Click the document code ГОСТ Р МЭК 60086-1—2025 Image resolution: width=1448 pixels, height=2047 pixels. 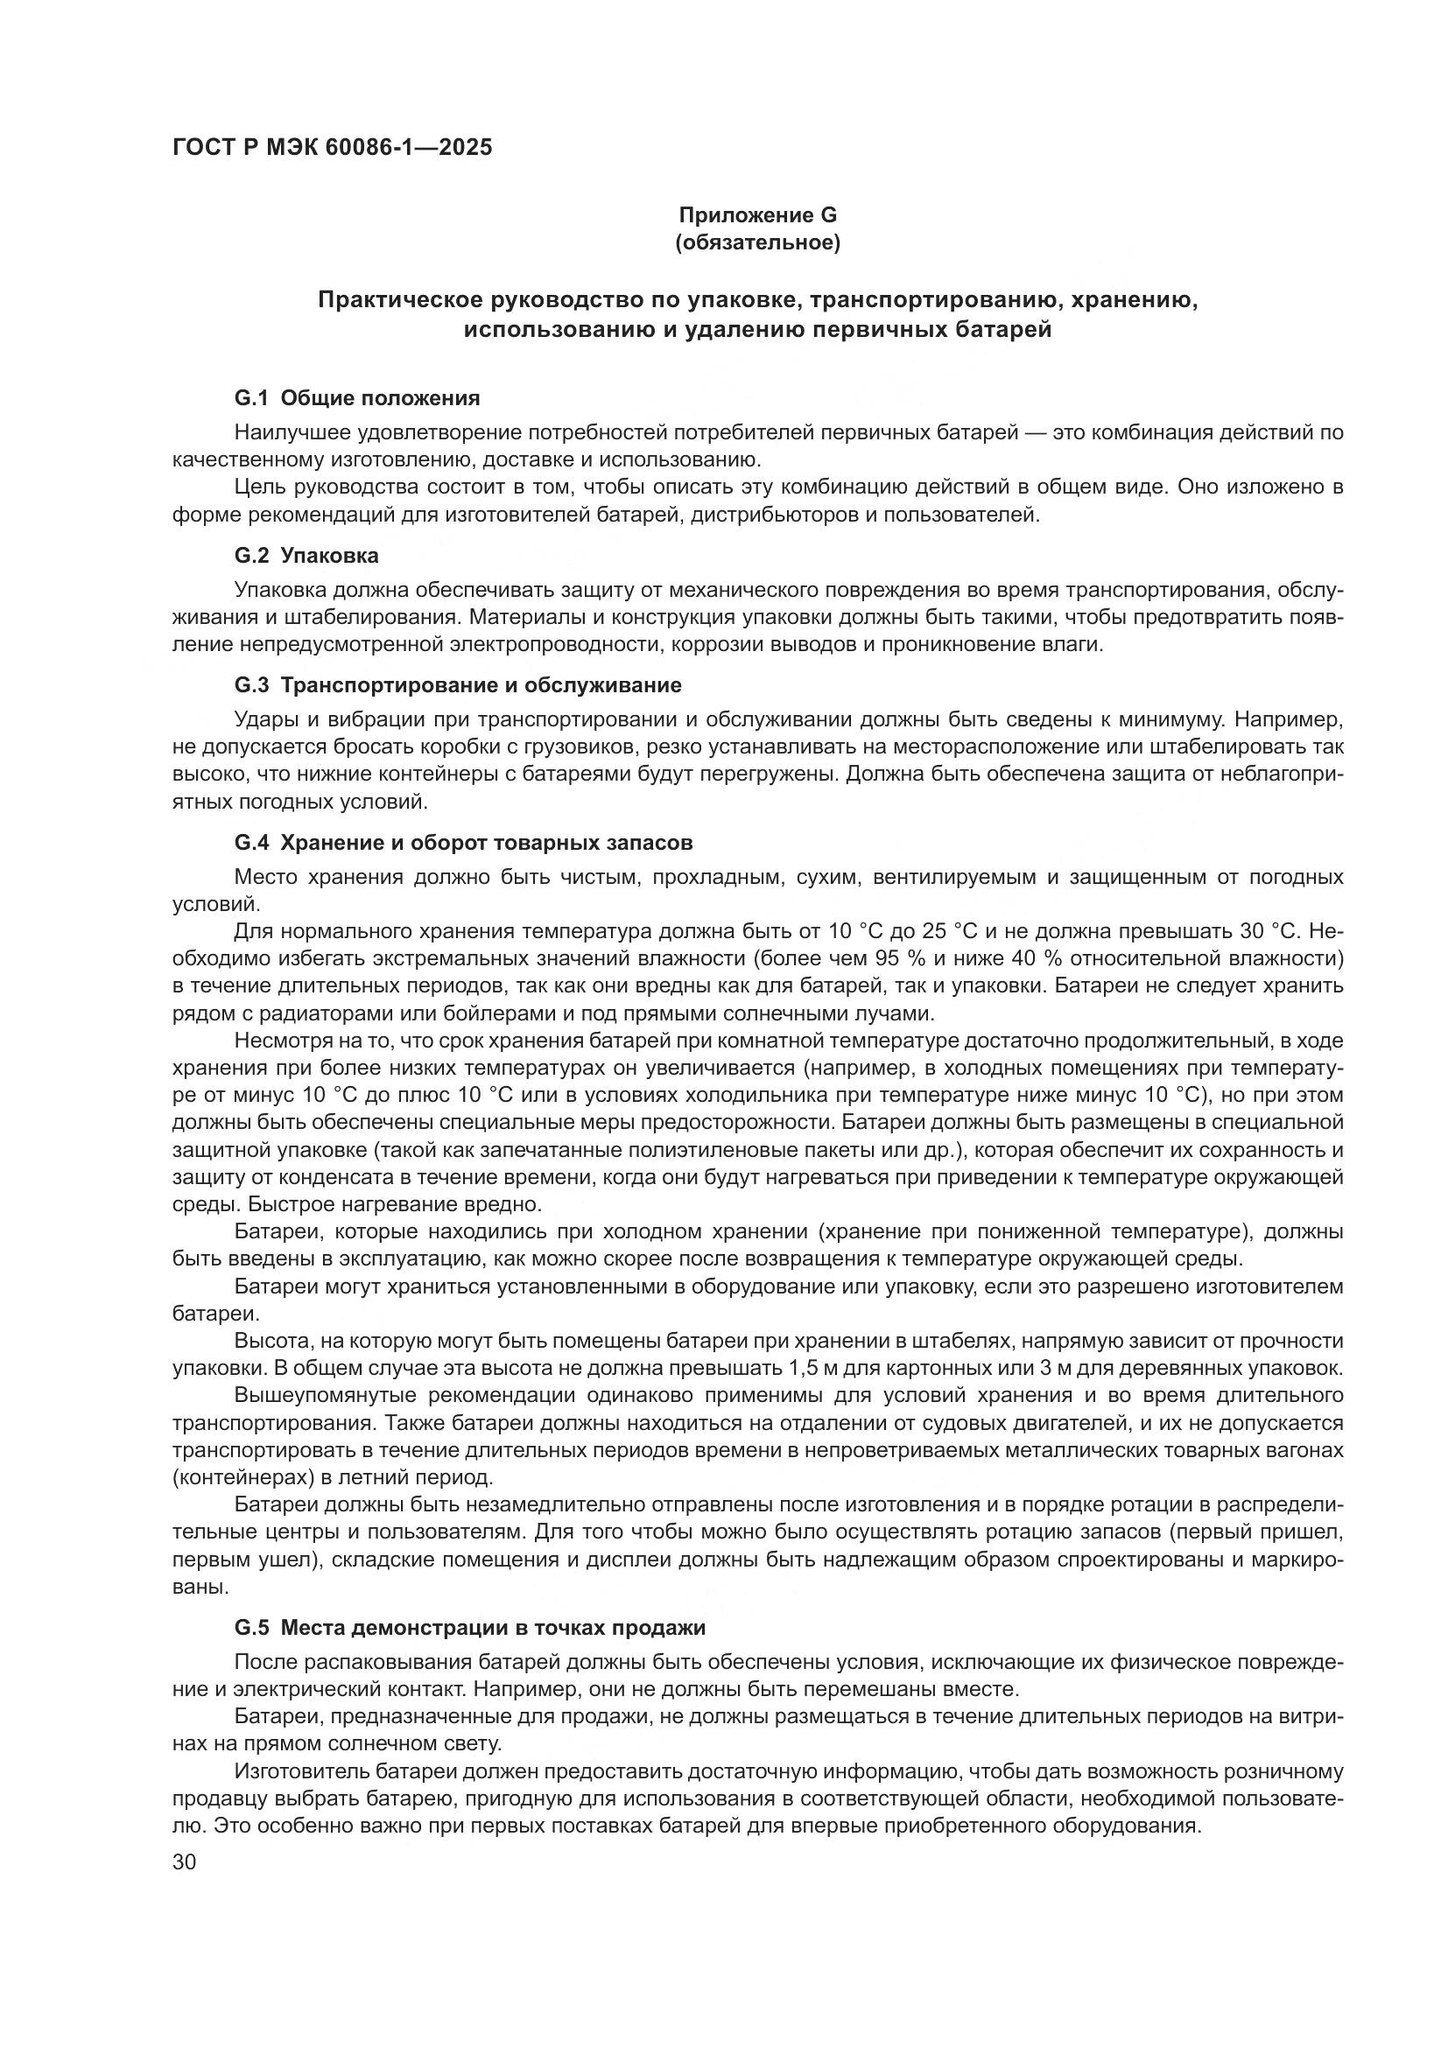pos(332,147)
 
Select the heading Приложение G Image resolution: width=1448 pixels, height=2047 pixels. pos(758,215)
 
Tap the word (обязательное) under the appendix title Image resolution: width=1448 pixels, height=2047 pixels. pos(758,242)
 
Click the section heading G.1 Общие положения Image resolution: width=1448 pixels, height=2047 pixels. pos(356,397)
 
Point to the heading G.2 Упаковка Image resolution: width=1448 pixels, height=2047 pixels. pos(306,556)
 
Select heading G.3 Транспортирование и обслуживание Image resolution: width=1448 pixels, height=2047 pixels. pos(457,684)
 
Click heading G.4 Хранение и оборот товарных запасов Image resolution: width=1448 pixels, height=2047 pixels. pos(464,843)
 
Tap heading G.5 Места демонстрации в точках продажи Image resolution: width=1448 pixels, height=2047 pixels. pos(470,1627)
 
